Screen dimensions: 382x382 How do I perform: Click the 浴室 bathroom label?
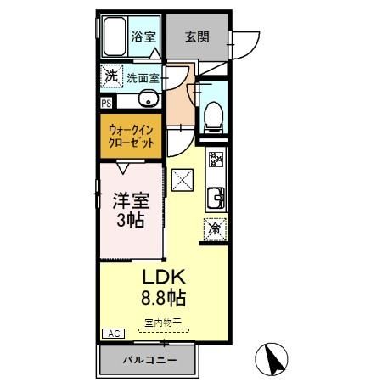(143, 37)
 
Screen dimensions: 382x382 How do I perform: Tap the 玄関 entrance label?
(197, 37)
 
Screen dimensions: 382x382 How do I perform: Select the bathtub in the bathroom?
(115, 37)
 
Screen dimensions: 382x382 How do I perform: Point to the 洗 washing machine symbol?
(111, 76)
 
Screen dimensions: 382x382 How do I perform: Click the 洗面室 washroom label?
(143, 78)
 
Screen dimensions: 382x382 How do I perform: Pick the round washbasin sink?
(149, 98)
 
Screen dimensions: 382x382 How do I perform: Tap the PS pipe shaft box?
(106, 103)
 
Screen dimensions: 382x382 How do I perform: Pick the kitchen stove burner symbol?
(216, 160)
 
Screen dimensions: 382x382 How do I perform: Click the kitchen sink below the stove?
(216, 196)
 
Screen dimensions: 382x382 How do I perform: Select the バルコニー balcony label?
(149, 360)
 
